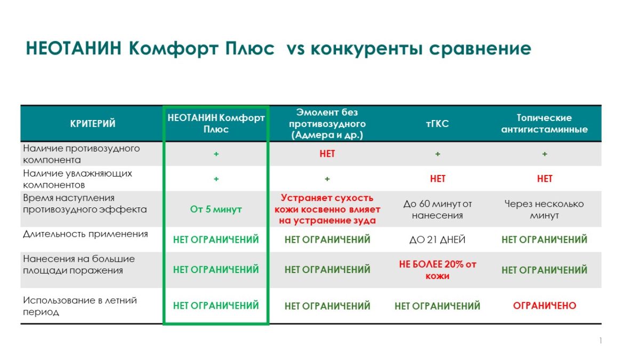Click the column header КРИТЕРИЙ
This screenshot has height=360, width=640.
(x=93, y=123)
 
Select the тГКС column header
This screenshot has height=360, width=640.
(x=437, y=123)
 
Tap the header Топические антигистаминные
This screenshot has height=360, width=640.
(x=545, y=123)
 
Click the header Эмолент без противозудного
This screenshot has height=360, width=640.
(x=327, y=123)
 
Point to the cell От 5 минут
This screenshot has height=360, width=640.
(x=216, y=209)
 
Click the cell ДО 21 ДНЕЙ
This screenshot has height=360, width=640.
(x=437, y=239)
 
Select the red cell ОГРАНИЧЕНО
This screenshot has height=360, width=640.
(x=545, y=306)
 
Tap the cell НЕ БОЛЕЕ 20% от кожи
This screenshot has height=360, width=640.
(x=437, y=270)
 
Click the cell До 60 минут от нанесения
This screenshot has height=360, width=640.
(x=437, y=210)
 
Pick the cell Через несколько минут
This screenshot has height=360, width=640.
(x=545, y=210)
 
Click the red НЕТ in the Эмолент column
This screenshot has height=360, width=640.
(x=327, y=154)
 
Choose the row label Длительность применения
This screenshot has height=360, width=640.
(x=85, y=234)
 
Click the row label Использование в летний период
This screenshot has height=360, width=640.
(x=80, y=306)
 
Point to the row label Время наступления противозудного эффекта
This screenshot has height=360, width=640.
(x=85, y=204)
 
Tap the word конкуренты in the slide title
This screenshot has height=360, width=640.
(x=366, y=49)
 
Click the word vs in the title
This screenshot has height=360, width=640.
(x=295, y=49)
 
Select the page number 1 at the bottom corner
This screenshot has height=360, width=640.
(x=601, y=340)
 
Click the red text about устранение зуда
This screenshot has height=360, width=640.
(x=327, y=209)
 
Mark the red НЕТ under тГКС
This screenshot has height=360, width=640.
(x=437, y=179)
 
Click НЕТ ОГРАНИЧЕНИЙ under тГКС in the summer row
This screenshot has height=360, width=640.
(x=437, y=306)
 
